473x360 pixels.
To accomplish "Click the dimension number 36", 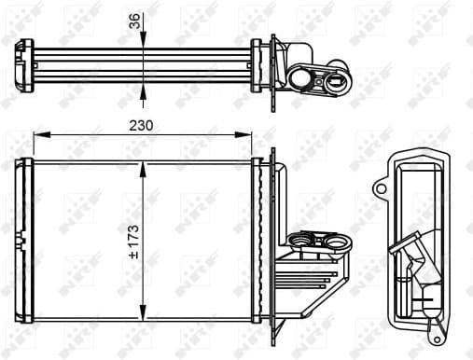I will coord(132,21).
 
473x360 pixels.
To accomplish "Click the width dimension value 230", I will coord(142,125).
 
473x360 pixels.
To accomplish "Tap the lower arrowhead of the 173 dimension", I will coord(142,315).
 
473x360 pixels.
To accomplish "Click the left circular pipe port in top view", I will coord(304,79).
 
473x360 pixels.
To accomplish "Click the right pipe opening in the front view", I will coord(333,246).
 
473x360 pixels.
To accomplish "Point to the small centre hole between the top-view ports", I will coord(320,80).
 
